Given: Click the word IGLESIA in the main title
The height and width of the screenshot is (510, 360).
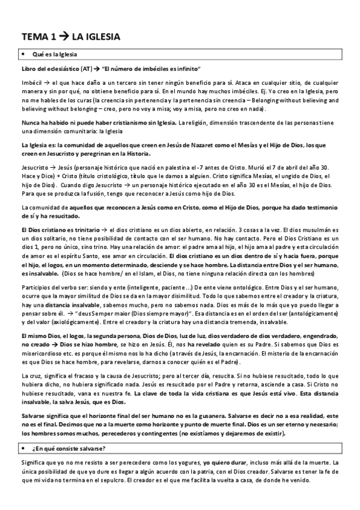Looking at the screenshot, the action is [x=100, y=37].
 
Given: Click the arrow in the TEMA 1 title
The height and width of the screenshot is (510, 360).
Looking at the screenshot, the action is [x=63, y=37].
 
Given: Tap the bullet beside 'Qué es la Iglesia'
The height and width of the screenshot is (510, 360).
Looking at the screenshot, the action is [x=23, y=55].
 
